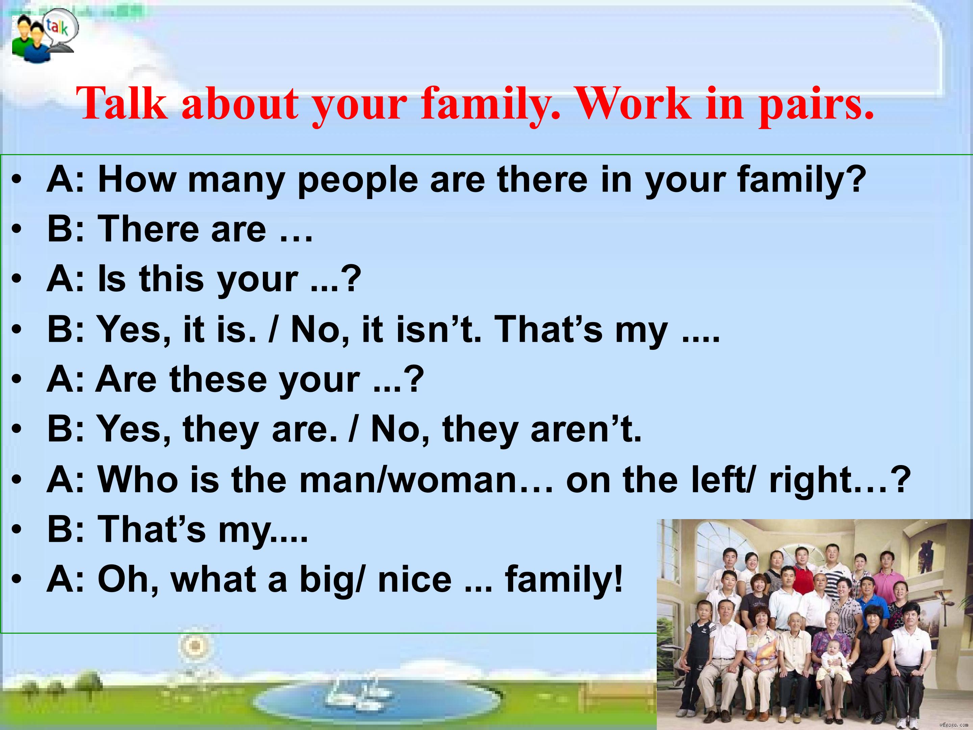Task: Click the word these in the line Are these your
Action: coord(218,379)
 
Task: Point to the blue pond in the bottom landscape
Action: coord(378,700)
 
